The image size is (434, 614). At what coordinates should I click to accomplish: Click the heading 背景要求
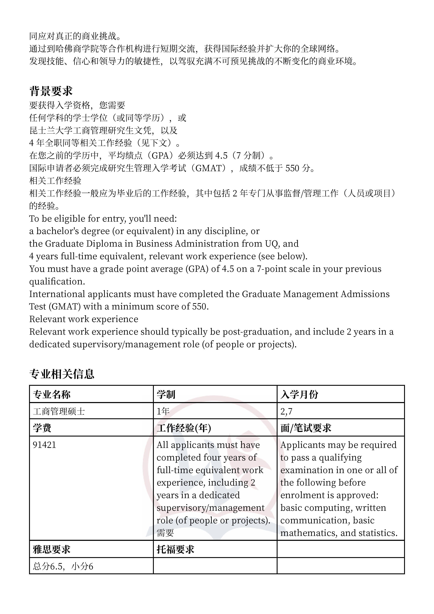pyautogui.click(x=51, y=91)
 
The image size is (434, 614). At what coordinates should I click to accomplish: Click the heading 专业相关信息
pyautogui.click(x=62, y=374)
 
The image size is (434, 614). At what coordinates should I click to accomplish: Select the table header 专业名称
pyautogui.click(x=52, y=395)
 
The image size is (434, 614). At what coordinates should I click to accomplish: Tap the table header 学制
pyautogui.click(x=166, y=395)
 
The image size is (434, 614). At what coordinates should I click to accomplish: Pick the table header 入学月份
pyautogui.click(x=299, y=395)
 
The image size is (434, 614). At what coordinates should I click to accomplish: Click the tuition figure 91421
pyautogui.click(x=44, y=445)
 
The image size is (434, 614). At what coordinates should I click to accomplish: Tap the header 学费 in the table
pyautogui.click(x=42, y=428)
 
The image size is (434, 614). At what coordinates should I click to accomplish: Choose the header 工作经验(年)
pyautogui.click(x=184, y=428)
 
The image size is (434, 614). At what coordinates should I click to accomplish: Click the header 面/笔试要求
pyautogui.click(x=306, y=428)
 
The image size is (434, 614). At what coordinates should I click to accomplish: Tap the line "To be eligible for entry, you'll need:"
pyautogui.click(x=103, y=219)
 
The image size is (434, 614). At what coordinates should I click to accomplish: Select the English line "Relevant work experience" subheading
pyautogui.click(x=84, y=319)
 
